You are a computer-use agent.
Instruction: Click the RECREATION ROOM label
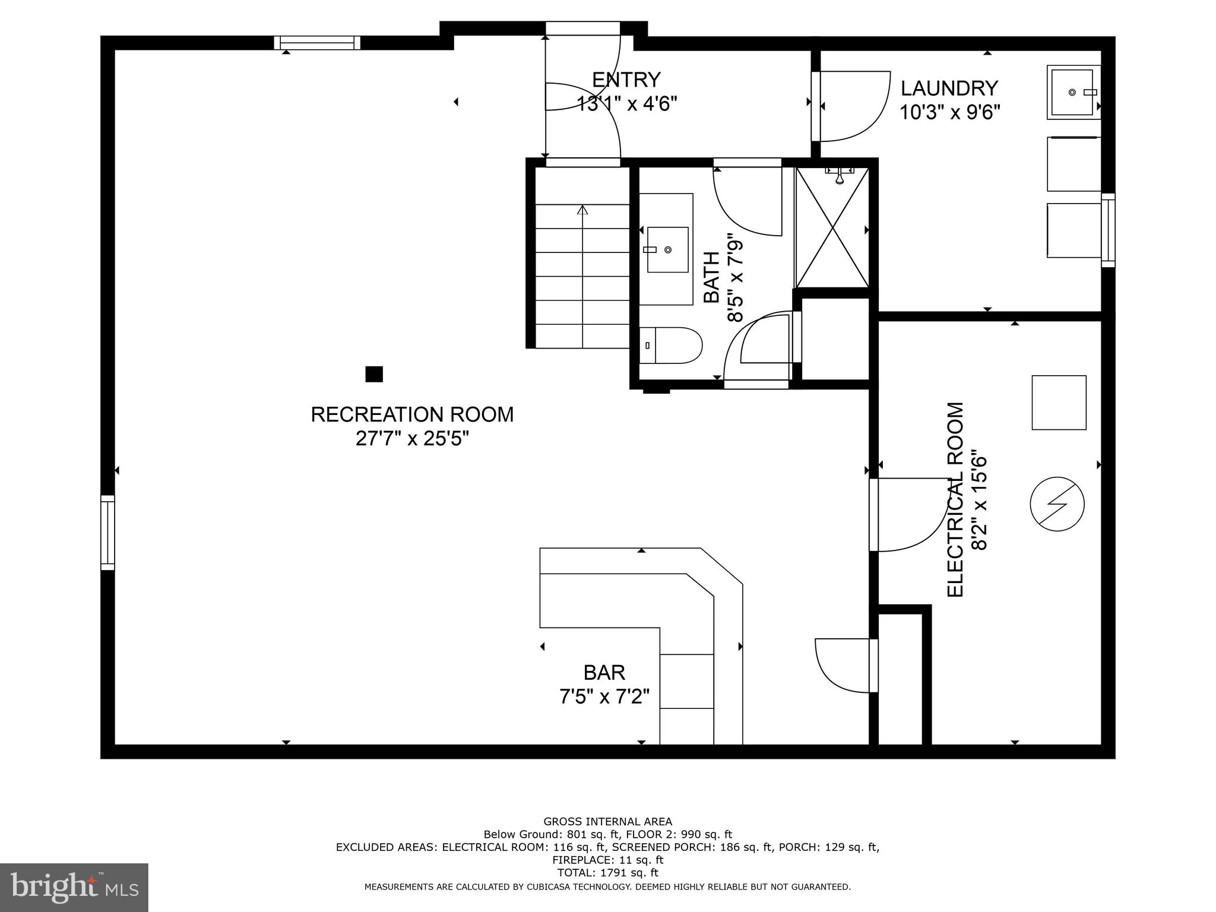click(x=412, y=414)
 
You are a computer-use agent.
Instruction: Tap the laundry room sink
click(x=1072, y=93)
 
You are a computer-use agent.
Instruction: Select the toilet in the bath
click(x=671, y=345)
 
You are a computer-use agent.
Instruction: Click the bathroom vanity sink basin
click(x=667, y=249)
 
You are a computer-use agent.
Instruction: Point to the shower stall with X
click(x=832, y=228)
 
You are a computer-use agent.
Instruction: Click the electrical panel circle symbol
click(x=1057, y=504)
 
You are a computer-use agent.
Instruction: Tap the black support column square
click(x=373, y=374)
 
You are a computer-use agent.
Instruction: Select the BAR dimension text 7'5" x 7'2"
click(x=604, y=696)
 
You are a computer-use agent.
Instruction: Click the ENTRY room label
click(x=626, y=80)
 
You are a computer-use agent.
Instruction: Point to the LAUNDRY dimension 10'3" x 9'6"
click(x=949, y=112)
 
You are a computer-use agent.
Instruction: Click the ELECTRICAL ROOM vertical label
click(x=955, y=499)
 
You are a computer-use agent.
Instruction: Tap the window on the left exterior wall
click(x=107, y=533)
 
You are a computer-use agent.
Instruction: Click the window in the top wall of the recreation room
click(x=317, y=43)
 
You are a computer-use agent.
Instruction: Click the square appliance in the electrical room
click(x=1059, y=402)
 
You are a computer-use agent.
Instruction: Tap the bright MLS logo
click(x=74, y=887)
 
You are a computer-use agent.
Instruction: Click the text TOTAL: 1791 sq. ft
click(x=607, y=873)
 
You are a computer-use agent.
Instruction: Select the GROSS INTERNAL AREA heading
click(x=607, y=822)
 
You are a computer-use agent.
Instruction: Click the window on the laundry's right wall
click(x=1108, y=230)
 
